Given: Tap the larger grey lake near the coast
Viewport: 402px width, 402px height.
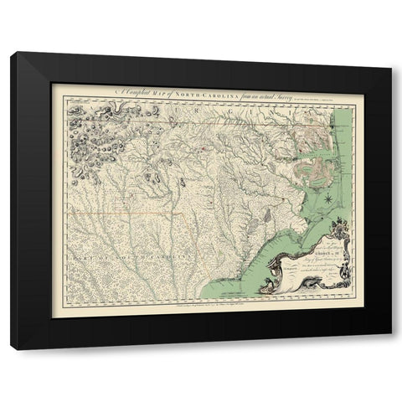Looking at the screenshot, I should point(266,214).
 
